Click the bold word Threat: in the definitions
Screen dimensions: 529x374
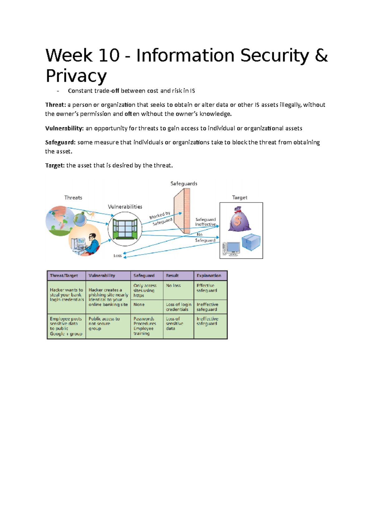55,105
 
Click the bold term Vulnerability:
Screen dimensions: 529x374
64,128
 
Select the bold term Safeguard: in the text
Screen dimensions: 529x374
60,142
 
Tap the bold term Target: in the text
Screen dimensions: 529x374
55,165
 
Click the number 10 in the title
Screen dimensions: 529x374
109,55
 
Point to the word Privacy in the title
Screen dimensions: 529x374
76,76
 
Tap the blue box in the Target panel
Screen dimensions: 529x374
251,242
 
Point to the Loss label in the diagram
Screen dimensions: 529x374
117,256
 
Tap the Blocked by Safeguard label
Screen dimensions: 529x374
161,218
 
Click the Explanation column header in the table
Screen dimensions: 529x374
209,276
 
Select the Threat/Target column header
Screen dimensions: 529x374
64,276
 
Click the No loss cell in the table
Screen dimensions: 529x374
173,285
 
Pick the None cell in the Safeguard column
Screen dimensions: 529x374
139,305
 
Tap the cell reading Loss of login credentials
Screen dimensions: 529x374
178,307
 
